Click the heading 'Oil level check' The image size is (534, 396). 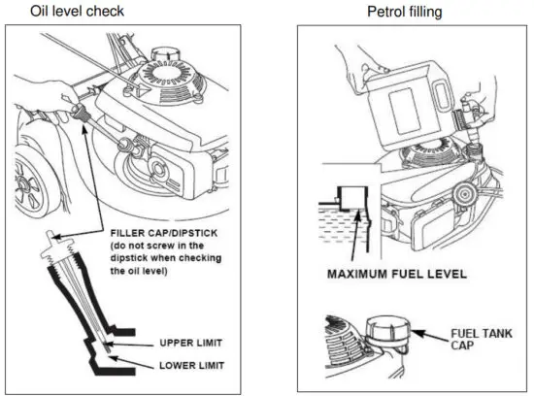point(78,12)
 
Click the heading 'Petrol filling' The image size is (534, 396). point(405,12)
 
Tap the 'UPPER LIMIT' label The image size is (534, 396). point(191,343)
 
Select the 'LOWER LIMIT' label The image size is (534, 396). point(191,366)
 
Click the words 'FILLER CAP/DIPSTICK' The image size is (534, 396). point(164,233)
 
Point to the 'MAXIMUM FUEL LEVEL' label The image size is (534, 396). point(397,274)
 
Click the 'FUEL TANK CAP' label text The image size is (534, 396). point(482,339)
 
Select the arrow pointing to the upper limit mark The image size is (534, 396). point(129,345)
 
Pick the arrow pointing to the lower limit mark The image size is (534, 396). point(131,362)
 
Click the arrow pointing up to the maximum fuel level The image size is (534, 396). point(355,235)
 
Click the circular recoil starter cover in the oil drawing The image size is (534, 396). point(169,78)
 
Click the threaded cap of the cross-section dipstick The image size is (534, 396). point(58,247)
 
